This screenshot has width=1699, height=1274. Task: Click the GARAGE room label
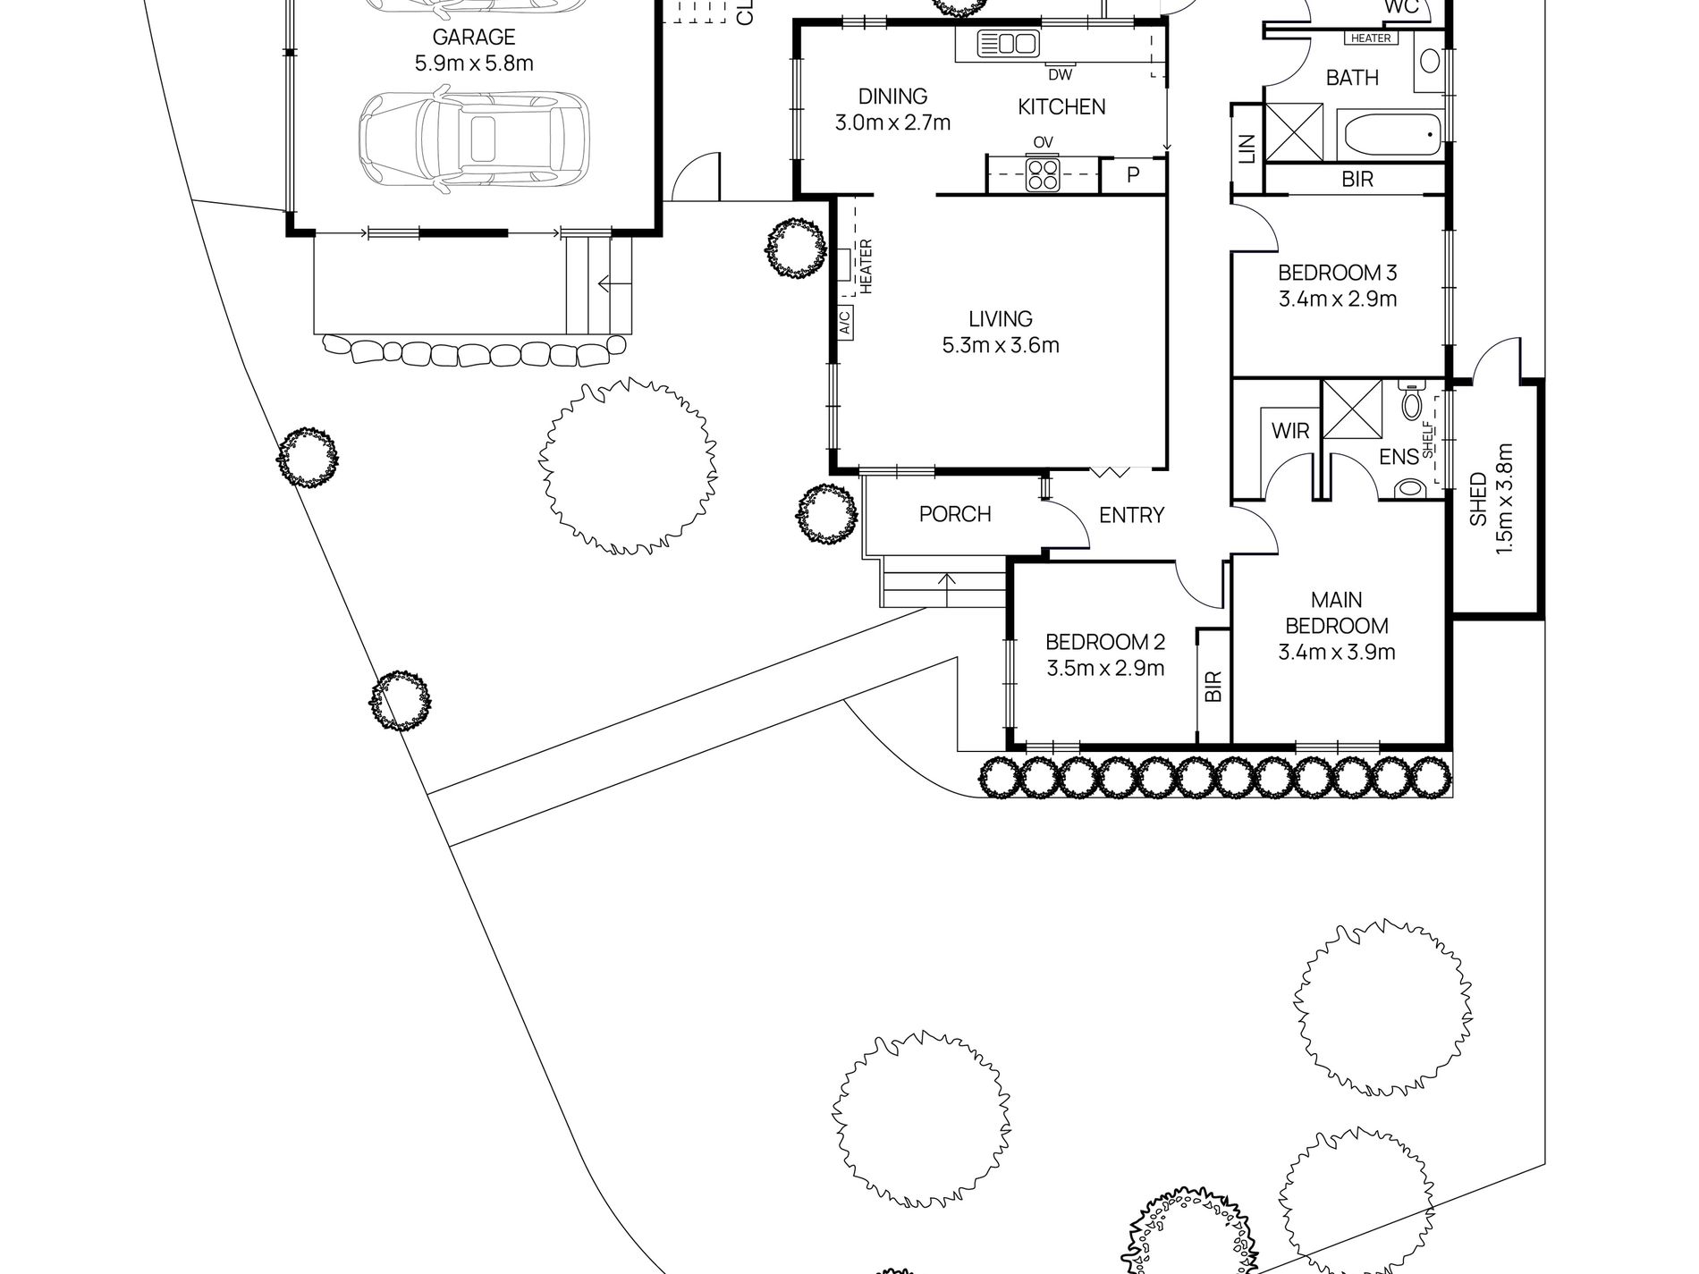[474, 38]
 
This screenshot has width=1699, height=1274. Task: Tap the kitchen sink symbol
[1007, 44]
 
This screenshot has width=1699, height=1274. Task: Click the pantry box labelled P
[1133, 174]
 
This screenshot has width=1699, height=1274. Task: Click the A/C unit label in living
[845, 322]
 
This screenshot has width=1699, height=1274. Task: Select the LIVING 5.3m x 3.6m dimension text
[1001, 345]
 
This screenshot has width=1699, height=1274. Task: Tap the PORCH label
[955, 514]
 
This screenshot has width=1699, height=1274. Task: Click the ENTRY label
[1131, 515]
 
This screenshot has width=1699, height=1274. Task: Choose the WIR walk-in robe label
[1290, 431]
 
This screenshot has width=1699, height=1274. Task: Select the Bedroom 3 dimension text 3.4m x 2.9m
[1337, 299]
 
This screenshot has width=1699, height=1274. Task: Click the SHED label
[1478, 499]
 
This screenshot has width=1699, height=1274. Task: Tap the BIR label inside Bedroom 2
[1213, 686]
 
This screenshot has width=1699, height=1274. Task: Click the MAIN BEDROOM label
[1337, 612]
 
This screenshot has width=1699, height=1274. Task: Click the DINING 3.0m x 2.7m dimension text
[892, 122]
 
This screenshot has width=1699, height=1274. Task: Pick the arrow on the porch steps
[946, 581]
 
